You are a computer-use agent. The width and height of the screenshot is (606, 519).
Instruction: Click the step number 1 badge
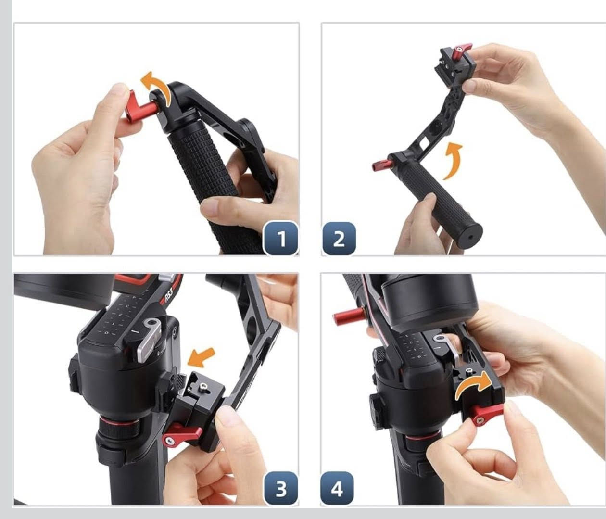point(281,239)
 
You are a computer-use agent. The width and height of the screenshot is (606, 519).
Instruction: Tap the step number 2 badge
point(339,239)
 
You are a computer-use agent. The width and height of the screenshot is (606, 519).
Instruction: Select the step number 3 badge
point(281,488)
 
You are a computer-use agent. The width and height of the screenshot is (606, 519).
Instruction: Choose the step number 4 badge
point(337,488)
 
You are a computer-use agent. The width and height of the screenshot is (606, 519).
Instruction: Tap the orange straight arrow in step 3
point(202,357)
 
